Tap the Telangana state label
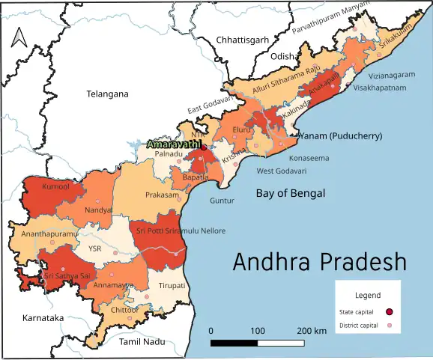[x=107, y=94]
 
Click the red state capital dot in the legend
[x=389, y=311]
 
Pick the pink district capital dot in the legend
[x=389, y=326]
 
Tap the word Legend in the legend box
[x=367, y=296]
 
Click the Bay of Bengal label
[x=291, y=193]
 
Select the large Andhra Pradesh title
[x=319, y=262]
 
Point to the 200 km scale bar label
[x=311, y=330]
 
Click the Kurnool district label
[x=56, y=186]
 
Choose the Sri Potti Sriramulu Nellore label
[x=180, y=231]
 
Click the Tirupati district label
[x=172, y=286]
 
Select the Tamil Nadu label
[x=142, y=341]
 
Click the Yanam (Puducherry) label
[x=340, y=136]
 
